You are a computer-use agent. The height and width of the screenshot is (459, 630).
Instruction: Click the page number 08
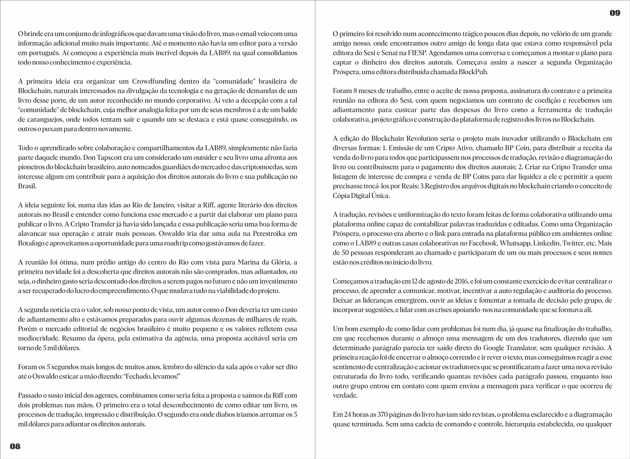(15, 446)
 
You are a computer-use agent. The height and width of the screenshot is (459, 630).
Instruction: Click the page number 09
(615, 13)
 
